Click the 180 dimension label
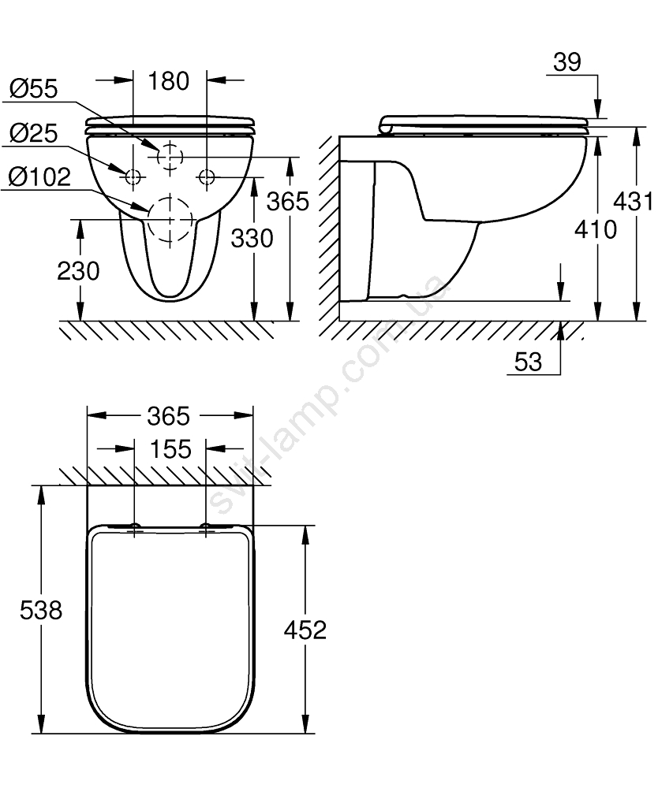coord(169,81)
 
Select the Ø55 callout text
coord(34,89)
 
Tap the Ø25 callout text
coord(34,134)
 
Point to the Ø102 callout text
coord(39,177)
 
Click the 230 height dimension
coord(78,271)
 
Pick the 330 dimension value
coord(252,238)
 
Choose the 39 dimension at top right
coord(567,62)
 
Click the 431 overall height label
coord(632,202)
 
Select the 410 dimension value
coord(596,229)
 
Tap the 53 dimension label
coord(528,362)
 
